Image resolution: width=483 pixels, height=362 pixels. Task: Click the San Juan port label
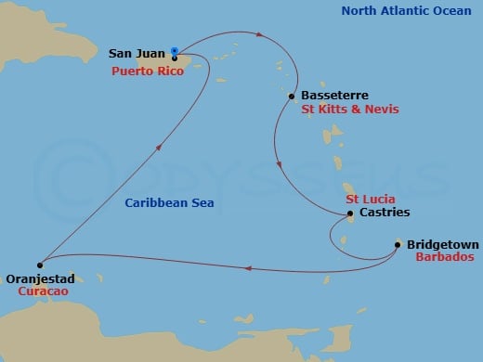(138, 55)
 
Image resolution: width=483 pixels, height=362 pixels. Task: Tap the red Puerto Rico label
(148, 71)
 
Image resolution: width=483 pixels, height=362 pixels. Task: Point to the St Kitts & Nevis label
(349, 110)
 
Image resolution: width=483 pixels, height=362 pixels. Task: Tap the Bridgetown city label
(442, 245)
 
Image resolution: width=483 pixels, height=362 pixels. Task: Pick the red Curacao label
(43, 291)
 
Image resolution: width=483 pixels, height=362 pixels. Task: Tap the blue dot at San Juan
(175, 51)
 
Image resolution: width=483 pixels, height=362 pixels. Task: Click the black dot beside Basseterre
(293, 96)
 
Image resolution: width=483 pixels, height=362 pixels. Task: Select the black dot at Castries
(349, 214)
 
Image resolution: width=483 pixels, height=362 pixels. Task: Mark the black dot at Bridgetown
(398, 245)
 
